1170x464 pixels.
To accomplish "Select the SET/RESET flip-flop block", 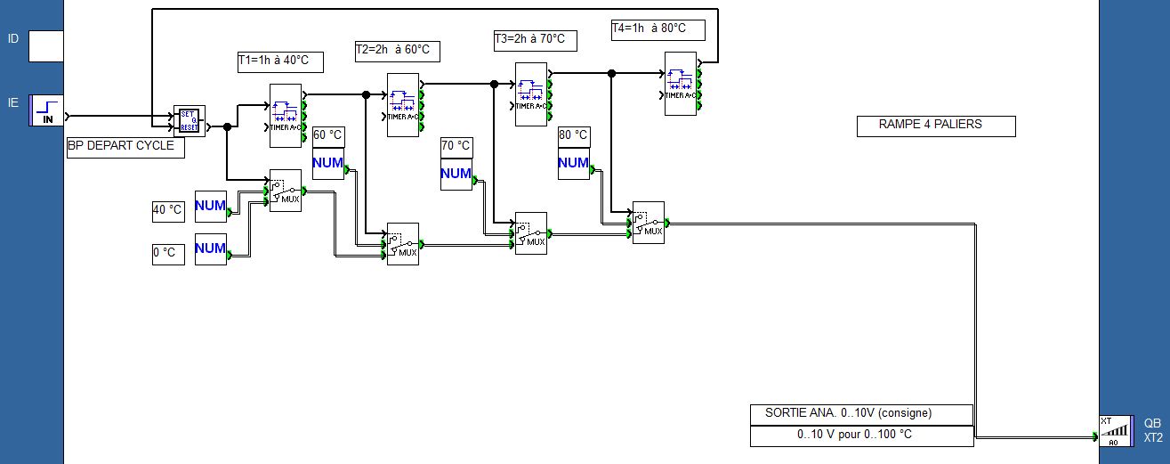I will pos(189,120).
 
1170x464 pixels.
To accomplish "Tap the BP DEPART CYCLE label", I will pos(125,147).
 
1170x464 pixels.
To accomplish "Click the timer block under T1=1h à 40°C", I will pos(286,114).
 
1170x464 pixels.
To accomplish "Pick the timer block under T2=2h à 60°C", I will pos(403,104).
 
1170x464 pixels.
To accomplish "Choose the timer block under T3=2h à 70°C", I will pos(531,94).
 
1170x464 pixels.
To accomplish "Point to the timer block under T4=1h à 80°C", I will pos(681,83).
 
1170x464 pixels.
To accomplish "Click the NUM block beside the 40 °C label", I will pos(211,206).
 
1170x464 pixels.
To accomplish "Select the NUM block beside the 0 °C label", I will pos(211,248).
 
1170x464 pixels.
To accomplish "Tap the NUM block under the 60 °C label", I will pos(327,163).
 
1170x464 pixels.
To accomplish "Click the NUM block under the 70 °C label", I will pos(456,174).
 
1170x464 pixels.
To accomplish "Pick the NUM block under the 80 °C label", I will pos(573,163).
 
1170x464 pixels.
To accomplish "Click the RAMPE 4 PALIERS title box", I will pos(935,126).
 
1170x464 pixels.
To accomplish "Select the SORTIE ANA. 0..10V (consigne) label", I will pos(860,414).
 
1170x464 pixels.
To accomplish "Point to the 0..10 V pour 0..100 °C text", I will pos(860,436).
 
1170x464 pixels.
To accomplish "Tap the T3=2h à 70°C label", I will pos(535,40).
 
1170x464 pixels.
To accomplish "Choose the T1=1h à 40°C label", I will pos(278,61).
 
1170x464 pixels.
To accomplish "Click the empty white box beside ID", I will pos(46,45).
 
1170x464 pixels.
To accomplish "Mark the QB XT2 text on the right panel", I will pos(1152,431).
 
